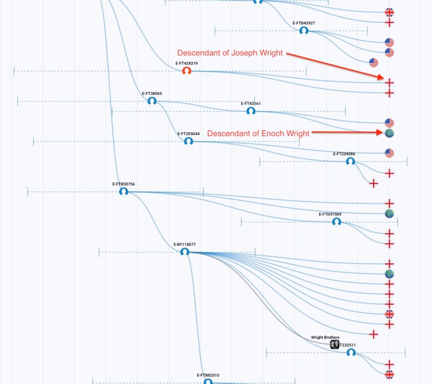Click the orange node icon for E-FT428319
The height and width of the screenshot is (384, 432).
pos(187,71)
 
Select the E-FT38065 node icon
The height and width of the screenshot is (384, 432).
pos(152,101)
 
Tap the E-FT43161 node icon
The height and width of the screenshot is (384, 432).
pos(251,111)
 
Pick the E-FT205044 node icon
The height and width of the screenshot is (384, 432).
pos(188,141)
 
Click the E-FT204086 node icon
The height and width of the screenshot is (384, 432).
pos(351,161)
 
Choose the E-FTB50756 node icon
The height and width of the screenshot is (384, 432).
pos(124,191)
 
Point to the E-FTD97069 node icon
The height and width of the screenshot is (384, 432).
pos(337,222)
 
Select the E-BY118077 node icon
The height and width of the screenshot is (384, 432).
pos(185,252)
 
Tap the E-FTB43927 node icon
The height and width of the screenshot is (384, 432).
pos(303,31)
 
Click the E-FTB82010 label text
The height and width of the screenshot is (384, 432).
pos(208,375)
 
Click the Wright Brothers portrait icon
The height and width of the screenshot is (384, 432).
pos(335,344)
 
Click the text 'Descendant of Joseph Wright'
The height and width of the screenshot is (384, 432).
pos(230,53)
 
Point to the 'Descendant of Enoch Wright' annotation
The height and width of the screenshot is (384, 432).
pos(258,133)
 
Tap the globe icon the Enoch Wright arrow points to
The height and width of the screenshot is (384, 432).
pos(389,133)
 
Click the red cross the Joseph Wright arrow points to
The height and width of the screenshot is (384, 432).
pos(390,82)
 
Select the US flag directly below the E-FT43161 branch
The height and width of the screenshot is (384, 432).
pos(389,123)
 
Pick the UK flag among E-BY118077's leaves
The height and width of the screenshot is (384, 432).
pos(389,314)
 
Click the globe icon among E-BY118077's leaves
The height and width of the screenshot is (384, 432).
pos(389,274)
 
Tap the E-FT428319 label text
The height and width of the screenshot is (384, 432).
pos(187,64)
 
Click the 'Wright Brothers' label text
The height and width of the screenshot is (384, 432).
pos(325,337)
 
